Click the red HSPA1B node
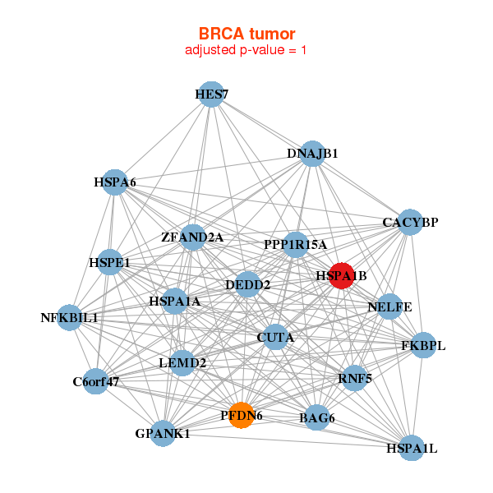pyautogui.click(x=341, y=275)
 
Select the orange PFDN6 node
pyautogui.click(x=241, y=416)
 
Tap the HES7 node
pyautogui.click(x=211, y=94)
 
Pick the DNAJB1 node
pyautogui.click(x=311, y=153)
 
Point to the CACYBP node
pyautogui.click(x=410, y=222)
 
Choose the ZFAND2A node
pyautogui.click(x=192, y=237)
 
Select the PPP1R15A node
pyautogui.click(x=296, y=244)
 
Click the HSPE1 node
pyautogui.click(x=110, y=263)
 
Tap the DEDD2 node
pyautogui.click(x=248, y=285)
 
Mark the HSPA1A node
pyautogui.click(x=174, y=302)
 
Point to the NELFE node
pyautogui.click(x=389, y=307)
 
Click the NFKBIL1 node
pyautogui.click(x=69, y=317)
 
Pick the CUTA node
pyautogui.click(x=276, y=337)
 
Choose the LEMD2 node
pyautogui.click(x=182, y=362)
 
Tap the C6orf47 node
pyautogui.click(x=96, y=381)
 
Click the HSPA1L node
pyautogui.click(x=412, y=449)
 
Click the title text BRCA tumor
pyautogui.click(x=246, y=34)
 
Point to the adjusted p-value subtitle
pyautogui.click(x=246, y=50)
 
